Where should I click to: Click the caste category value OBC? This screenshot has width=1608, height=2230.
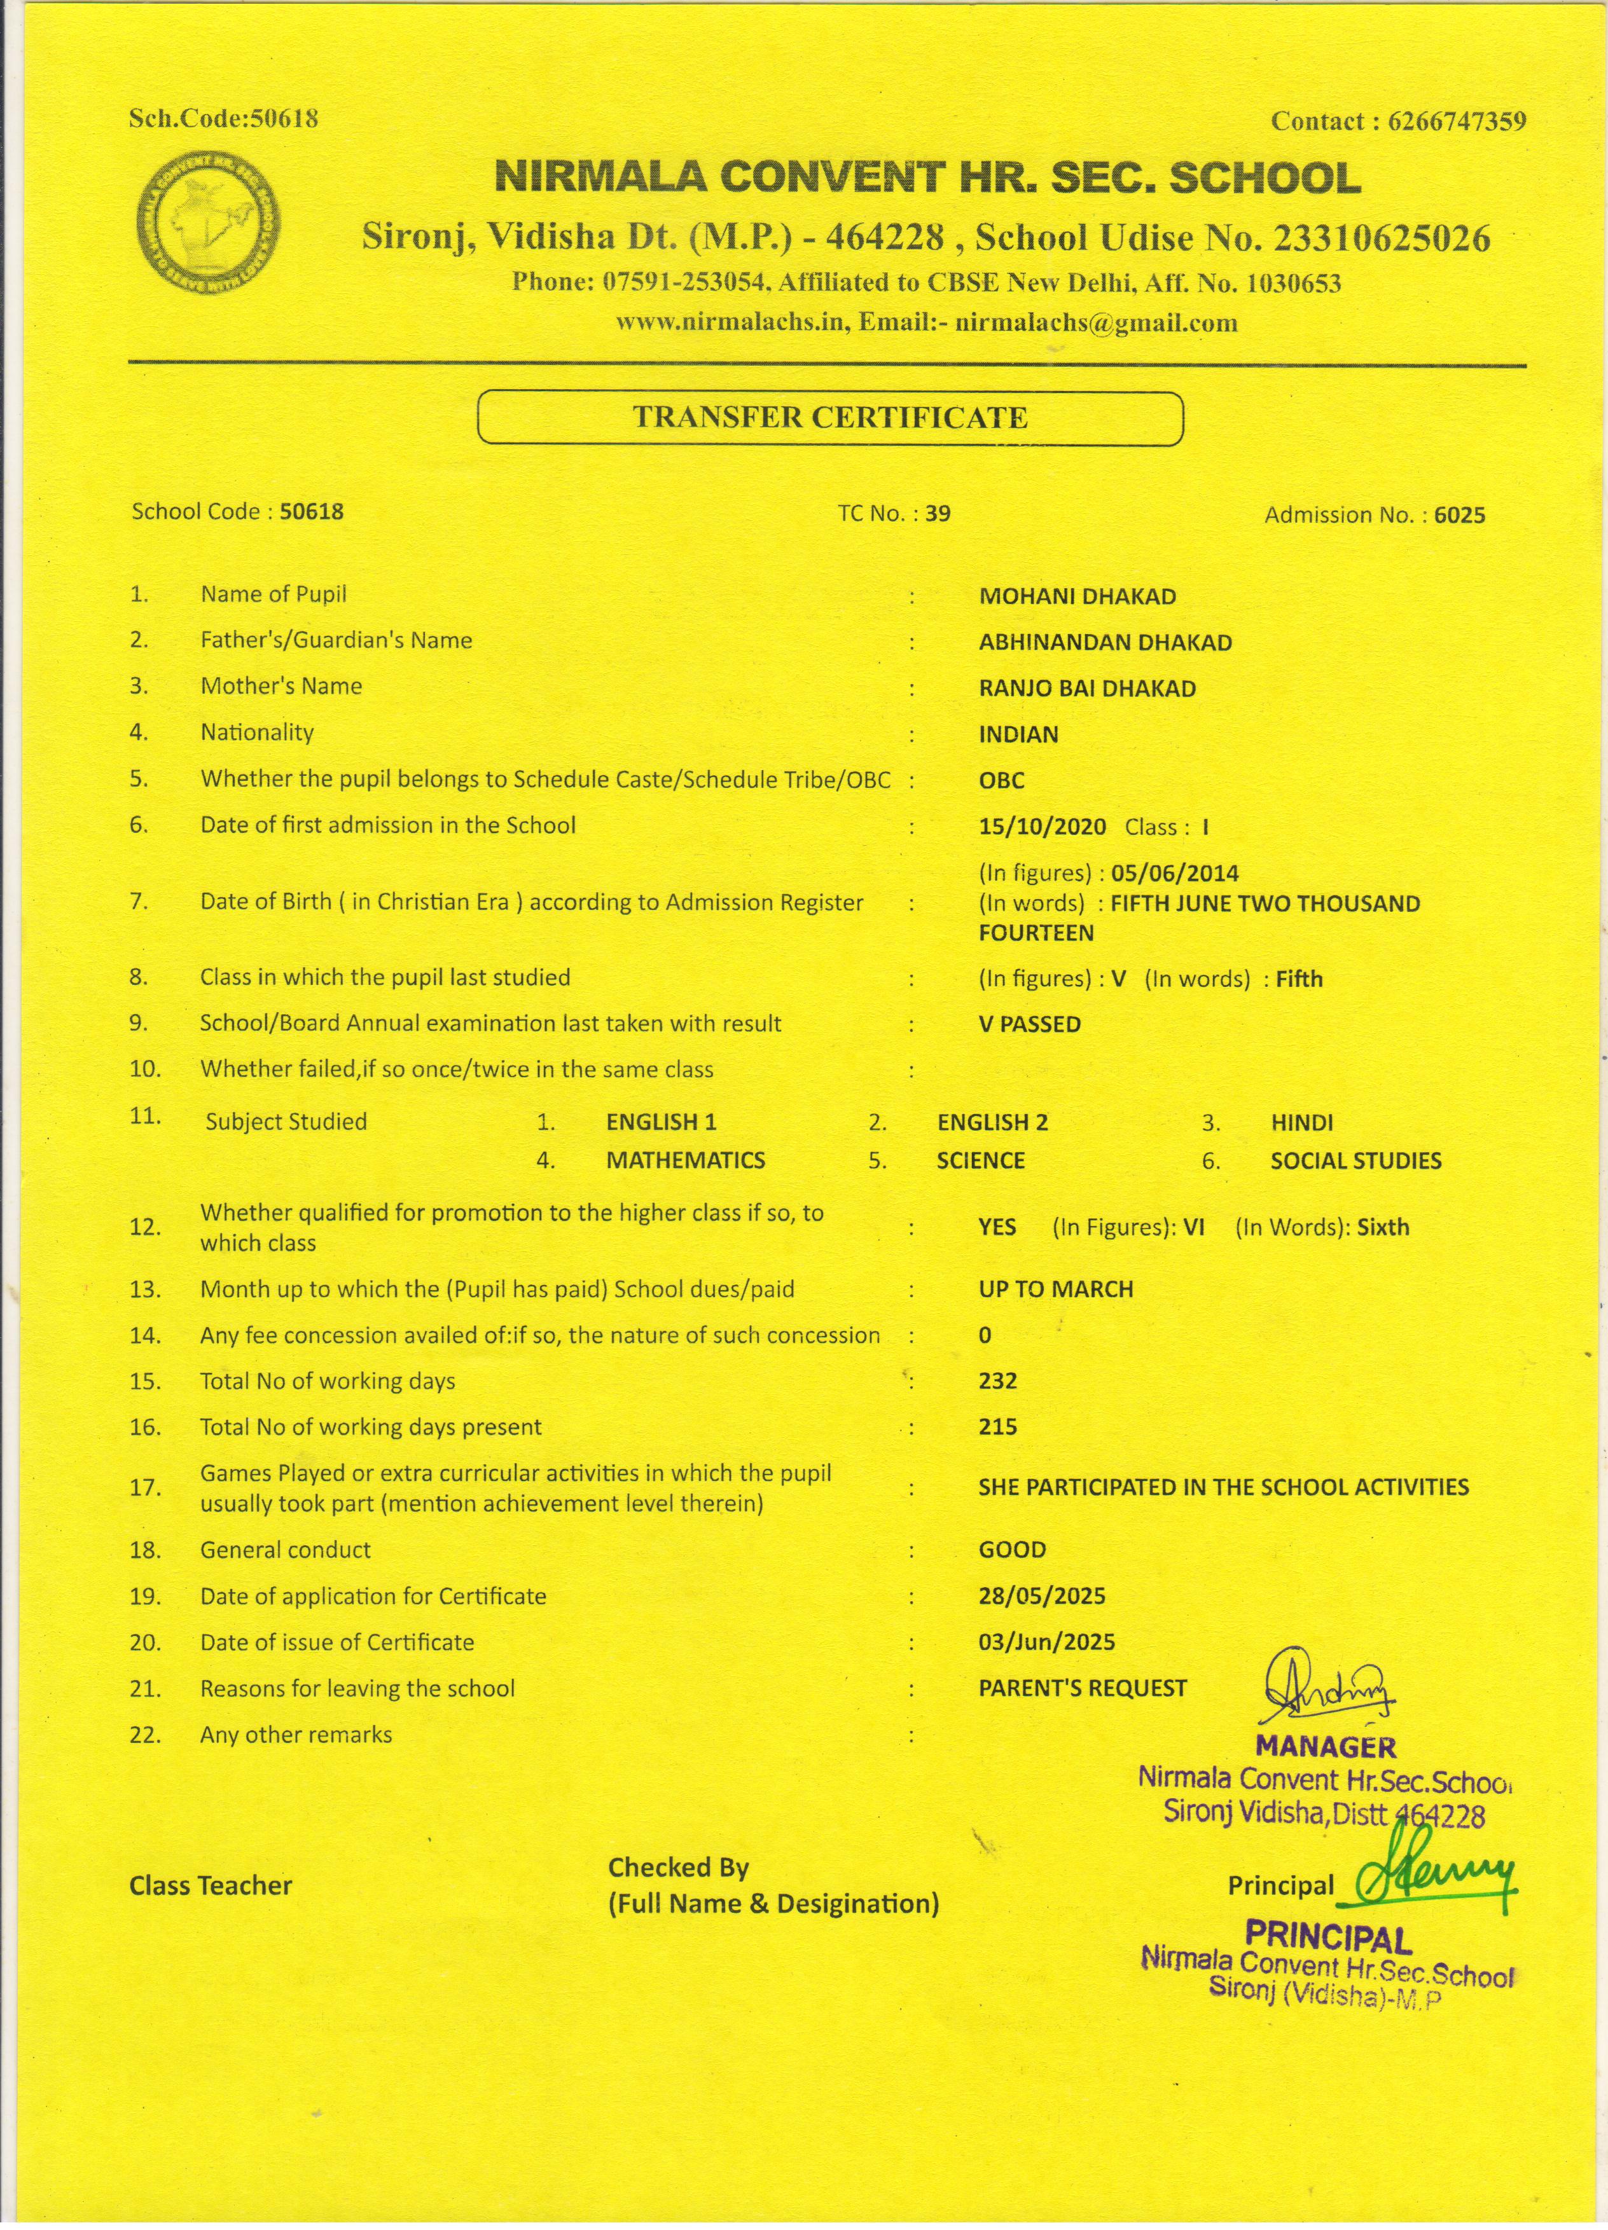1001,781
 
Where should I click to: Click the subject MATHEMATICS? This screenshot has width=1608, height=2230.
686,1160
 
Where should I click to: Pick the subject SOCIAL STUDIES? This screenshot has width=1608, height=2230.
1355,1161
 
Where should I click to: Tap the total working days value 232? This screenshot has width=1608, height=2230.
997,1382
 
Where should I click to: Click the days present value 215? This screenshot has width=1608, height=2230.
997,1427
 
